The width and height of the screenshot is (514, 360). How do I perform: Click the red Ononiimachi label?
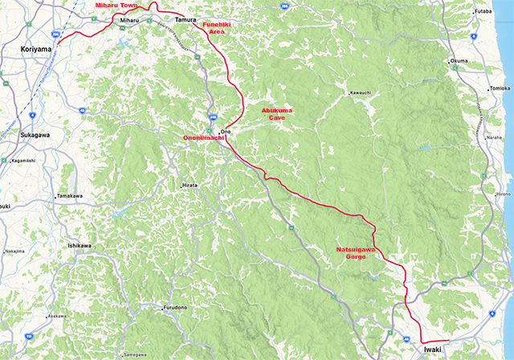[202, 138]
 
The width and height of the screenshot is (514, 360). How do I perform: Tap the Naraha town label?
[494, 137]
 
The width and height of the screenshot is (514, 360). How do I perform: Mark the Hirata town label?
[190, 185]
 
